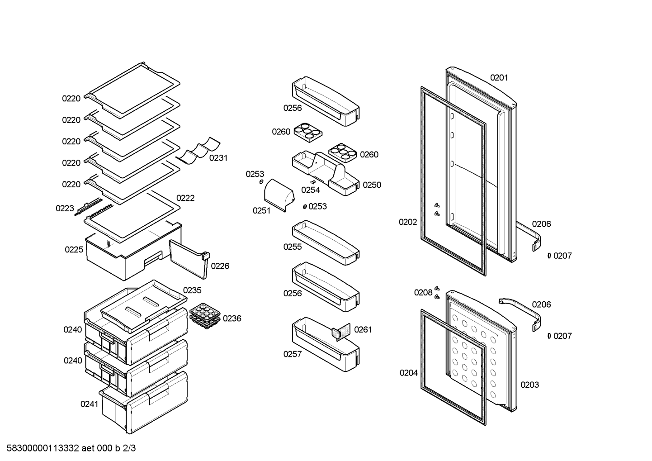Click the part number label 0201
click(x=499, y=78)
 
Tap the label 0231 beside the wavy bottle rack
click(x=218, y=158)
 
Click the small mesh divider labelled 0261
click(x=341, y=332)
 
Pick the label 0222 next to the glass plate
click(x=185, y=198)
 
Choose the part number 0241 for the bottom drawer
click(x=90, y=404)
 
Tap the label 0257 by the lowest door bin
click(x=293, y=354)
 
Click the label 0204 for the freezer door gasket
click(x=409, y=373)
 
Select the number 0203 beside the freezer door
click(x=530, y=385)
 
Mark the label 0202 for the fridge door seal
click(x=408, y=222)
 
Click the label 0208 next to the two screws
click(x=423, y=293)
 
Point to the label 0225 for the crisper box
click(x=74, y=250)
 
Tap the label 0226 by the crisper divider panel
click(x=220, y=266)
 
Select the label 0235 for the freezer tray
click(x=192, y=290)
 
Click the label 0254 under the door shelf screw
click(x=311, y=190)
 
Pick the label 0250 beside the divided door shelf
click(x=372, y=185)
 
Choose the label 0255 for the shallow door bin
click(x=293, y=247)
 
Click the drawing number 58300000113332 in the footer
click(x=43, y=448)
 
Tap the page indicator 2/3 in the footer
click(x=129, y=448)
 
